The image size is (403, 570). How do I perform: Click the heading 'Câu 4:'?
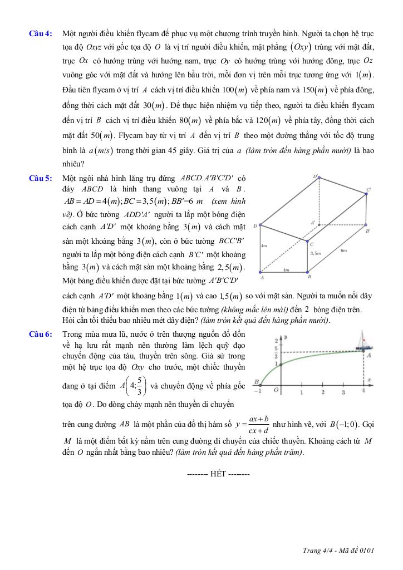click(x=41, y=34)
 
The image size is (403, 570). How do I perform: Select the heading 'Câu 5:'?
click(x=41, y=178)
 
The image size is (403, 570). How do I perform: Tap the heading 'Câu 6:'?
click(x=41, y=334)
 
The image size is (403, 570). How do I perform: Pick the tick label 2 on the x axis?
click(x=322, y=392)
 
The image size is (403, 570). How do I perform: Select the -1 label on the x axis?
click(x=257, y=391)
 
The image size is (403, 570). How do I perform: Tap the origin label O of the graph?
click(x=276, y=391)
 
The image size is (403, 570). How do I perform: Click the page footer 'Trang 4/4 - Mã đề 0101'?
click(x=338, y=551)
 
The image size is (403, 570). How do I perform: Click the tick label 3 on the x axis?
click(x=343, y=392)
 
